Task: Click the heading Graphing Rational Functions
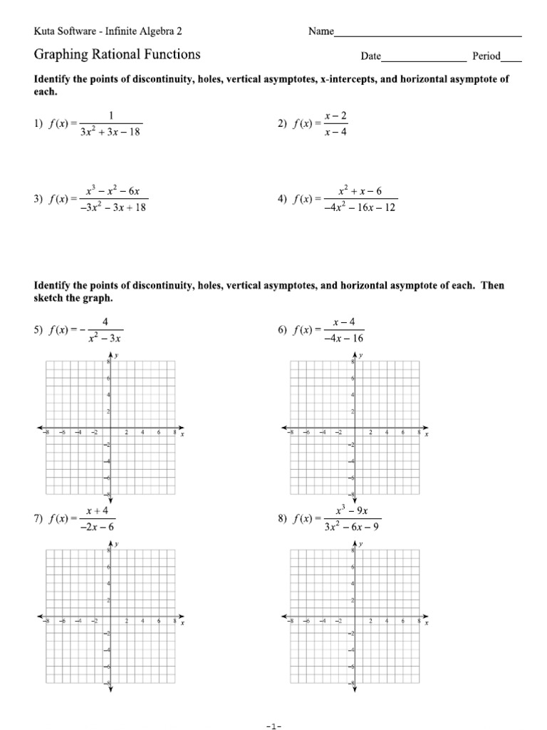coord(118,55)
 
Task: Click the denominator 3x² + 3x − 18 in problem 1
coord(111,132)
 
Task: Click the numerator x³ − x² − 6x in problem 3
coord(114,191)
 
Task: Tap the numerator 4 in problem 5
coord(105,322)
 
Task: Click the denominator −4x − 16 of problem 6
coord(344,339)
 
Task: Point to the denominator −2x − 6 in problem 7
coord(100,527)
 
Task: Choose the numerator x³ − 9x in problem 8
coord(353,510)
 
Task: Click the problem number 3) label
coord(39,200)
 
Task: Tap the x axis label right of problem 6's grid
coord(427,434)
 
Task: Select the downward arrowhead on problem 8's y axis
coord(355,690)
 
